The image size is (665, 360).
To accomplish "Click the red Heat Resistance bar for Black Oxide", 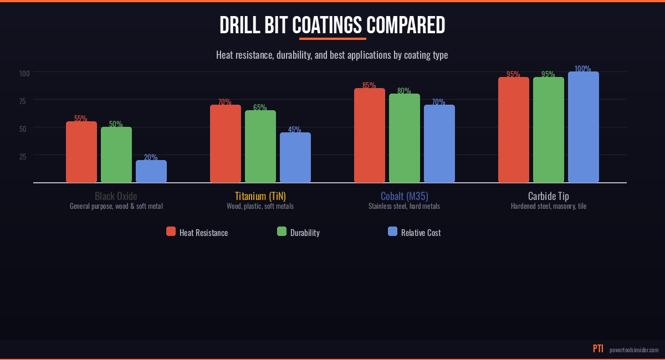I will tap(81, 152).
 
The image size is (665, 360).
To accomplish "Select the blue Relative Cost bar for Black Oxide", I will tap(151, 172).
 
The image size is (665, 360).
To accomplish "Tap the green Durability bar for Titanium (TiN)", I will tap(260, 147).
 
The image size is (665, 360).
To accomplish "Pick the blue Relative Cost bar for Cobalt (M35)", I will tap(439, 144).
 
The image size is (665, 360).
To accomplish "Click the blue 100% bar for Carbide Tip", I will tap(584, 127).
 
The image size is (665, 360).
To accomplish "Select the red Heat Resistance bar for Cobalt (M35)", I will tap(370, 136).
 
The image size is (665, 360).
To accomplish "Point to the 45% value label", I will tap(295, 130).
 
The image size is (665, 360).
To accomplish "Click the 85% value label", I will tap(369, 85).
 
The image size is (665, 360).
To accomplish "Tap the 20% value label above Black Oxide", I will tap(151, 157).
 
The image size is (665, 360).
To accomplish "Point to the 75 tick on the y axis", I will tap(23, 101).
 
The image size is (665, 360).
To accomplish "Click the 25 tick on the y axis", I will tap(23, 156).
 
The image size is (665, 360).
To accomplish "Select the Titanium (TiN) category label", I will tap(260, 196).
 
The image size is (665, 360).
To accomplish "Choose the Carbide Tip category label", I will tap(549, 196).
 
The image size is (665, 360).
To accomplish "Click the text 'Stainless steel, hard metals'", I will tap(405, 206).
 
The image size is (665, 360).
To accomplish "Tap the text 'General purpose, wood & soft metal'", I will tap(116, 206).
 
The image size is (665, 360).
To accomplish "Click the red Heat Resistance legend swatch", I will tap(171, 232).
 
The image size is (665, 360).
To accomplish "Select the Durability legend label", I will tap(305, 233).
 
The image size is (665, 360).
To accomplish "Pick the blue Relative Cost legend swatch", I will tap(393, 232).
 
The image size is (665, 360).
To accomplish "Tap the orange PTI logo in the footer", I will tap(598, 349).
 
